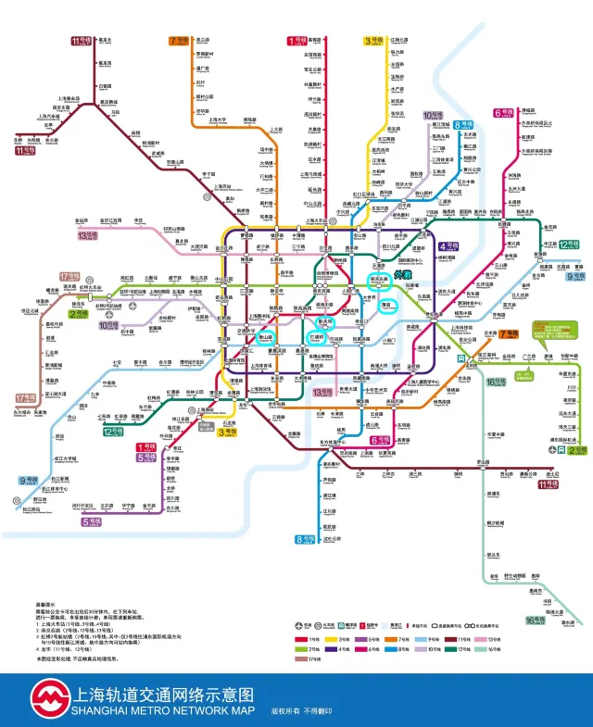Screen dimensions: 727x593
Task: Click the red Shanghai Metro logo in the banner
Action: [47, 697]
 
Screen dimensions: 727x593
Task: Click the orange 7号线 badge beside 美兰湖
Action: [179, 41]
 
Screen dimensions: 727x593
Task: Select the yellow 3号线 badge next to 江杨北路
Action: [374, 41]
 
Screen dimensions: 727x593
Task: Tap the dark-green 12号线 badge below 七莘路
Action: [114, 432]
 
